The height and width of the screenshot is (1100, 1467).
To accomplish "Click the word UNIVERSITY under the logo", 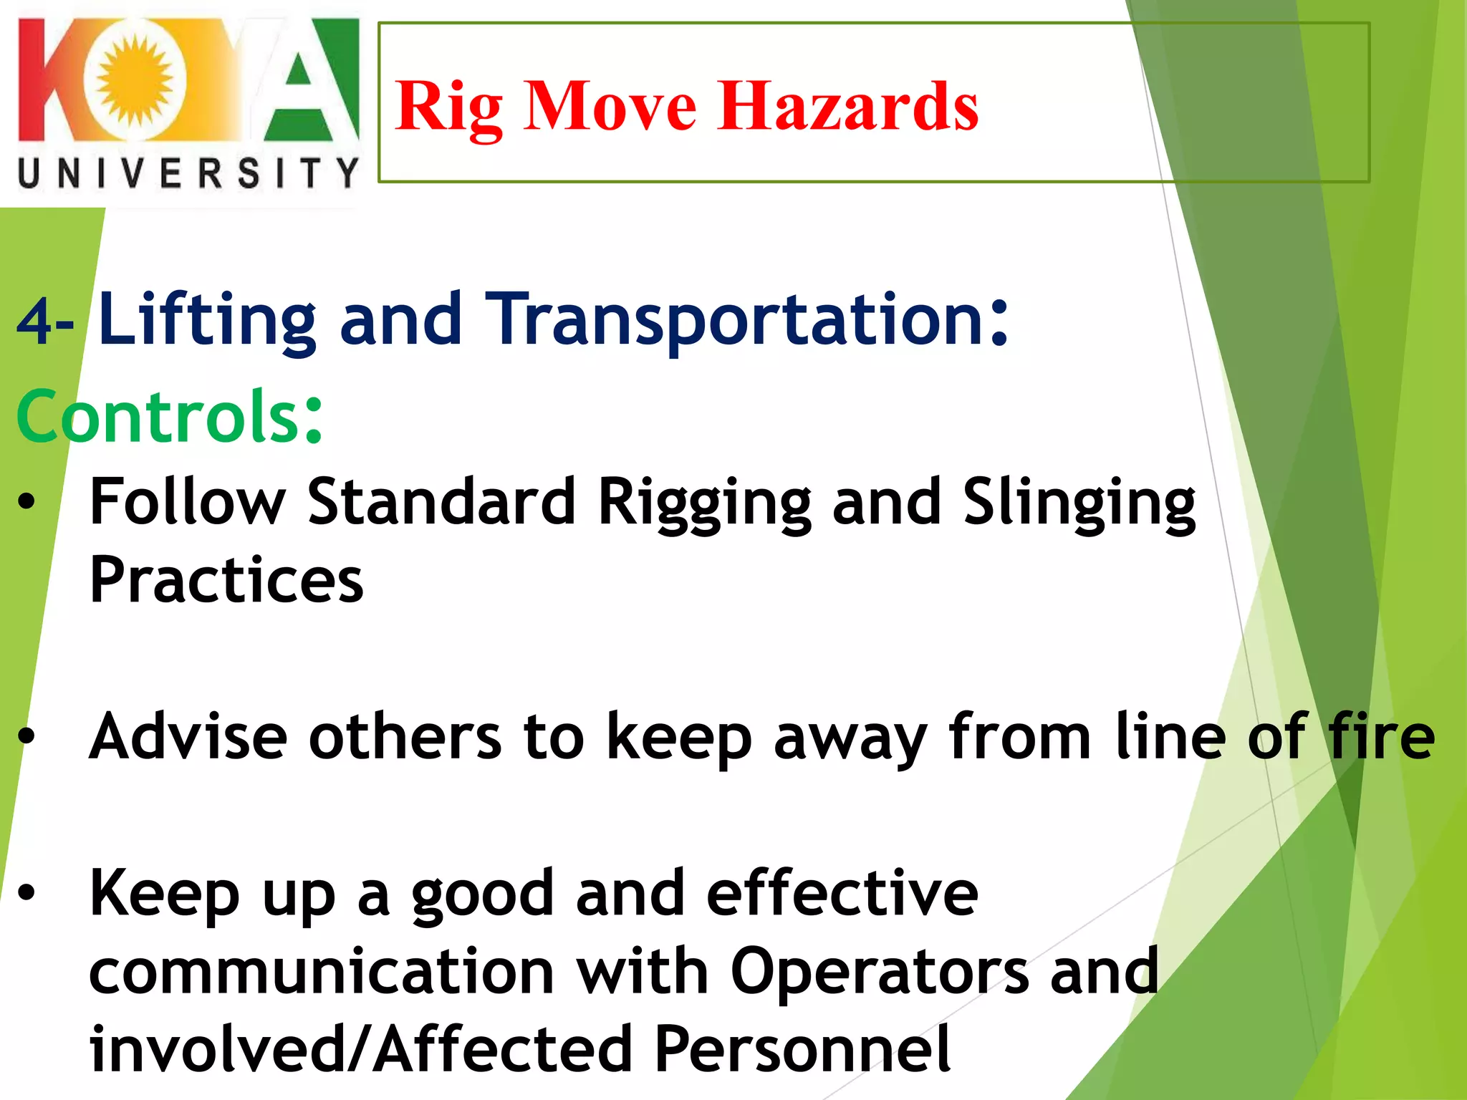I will (x=188, y=174).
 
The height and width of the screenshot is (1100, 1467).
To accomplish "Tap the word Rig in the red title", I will (x=448, y=107).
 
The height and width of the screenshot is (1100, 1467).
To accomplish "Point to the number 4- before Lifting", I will (x=44, y=322).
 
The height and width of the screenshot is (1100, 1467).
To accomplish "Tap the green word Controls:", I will (x=169, y=417).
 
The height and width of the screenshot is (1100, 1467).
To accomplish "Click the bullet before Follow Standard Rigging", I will (x=27, y=502).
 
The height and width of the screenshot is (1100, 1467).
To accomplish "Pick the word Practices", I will (x=226, y=580).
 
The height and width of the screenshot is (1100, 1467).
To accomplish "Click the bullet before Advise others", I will (x=27, y=735).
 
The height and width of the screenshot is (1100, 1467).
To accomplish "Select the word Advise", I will (x=188, y=736).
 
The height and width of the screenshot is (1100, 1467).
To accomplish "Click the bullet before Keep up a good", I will (x=27, y=892).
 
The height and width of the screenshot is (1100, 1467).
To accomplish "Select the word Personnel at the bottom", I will (x=802, y=1049).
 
